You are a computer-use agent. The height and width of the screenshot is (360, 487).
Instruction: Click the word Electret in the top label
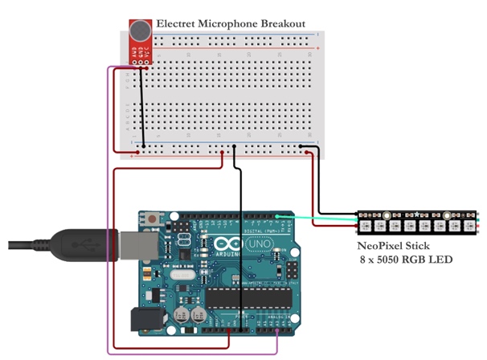click(177, 24)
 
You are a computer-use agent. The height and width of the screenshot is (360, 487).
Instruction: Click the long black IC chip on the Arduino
click(244, 299)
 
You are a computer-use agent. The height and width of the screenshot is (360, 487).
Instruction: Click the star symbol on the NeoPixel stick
click(415, 216)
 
